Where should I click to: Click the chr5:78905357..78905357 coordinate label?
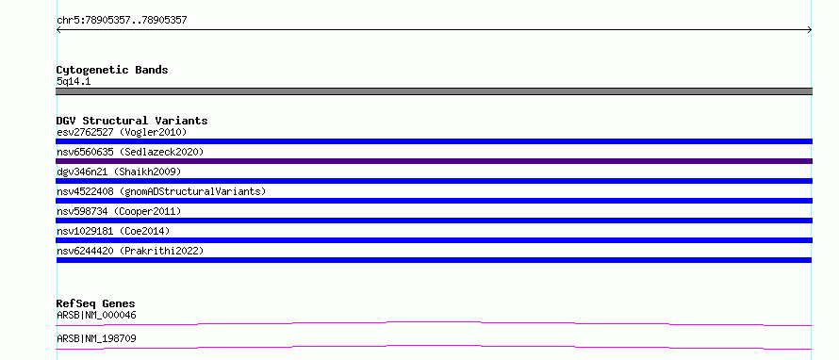click(122, 21)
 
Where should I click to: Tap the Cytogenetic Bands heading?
click(112, 70)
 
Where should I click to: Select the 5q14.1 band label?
click(74, 81)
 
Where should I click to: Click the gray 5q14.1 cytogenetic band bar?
click(434, 91)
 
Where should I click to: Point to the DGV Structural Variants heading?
click(132, 121)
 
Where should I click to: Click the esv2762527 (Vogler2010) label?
click(122, 132)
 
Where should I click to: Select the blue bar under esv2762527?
click(434, 141)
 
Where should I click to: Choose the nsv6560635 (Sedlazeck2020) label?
click(130, 152)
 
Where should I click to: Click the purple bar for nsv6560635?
click(434, 161)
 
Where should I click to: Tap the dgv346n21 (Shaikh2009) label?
click(119, 172)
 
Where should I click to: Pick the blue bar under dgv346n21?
click(434, 181)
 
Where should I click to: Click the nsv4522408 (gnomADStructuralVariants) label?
click(161, 191)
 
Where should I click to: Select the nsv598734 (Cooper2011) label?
click(119, 211)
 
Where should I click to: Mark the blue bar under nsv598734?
click(434, 221)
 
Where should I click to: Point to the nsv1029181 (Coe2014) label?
click(113, 231)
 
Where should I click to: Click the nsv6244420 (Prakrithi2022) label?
click(130, 251)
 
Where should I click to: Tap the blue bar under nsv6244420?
click(434, 260)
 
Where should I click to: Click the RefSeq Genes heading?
click(96, 303)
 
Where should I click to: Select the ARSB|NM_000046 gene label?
click(96, 315)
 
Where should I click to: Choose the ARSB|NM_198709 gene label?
click(96, 338)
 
